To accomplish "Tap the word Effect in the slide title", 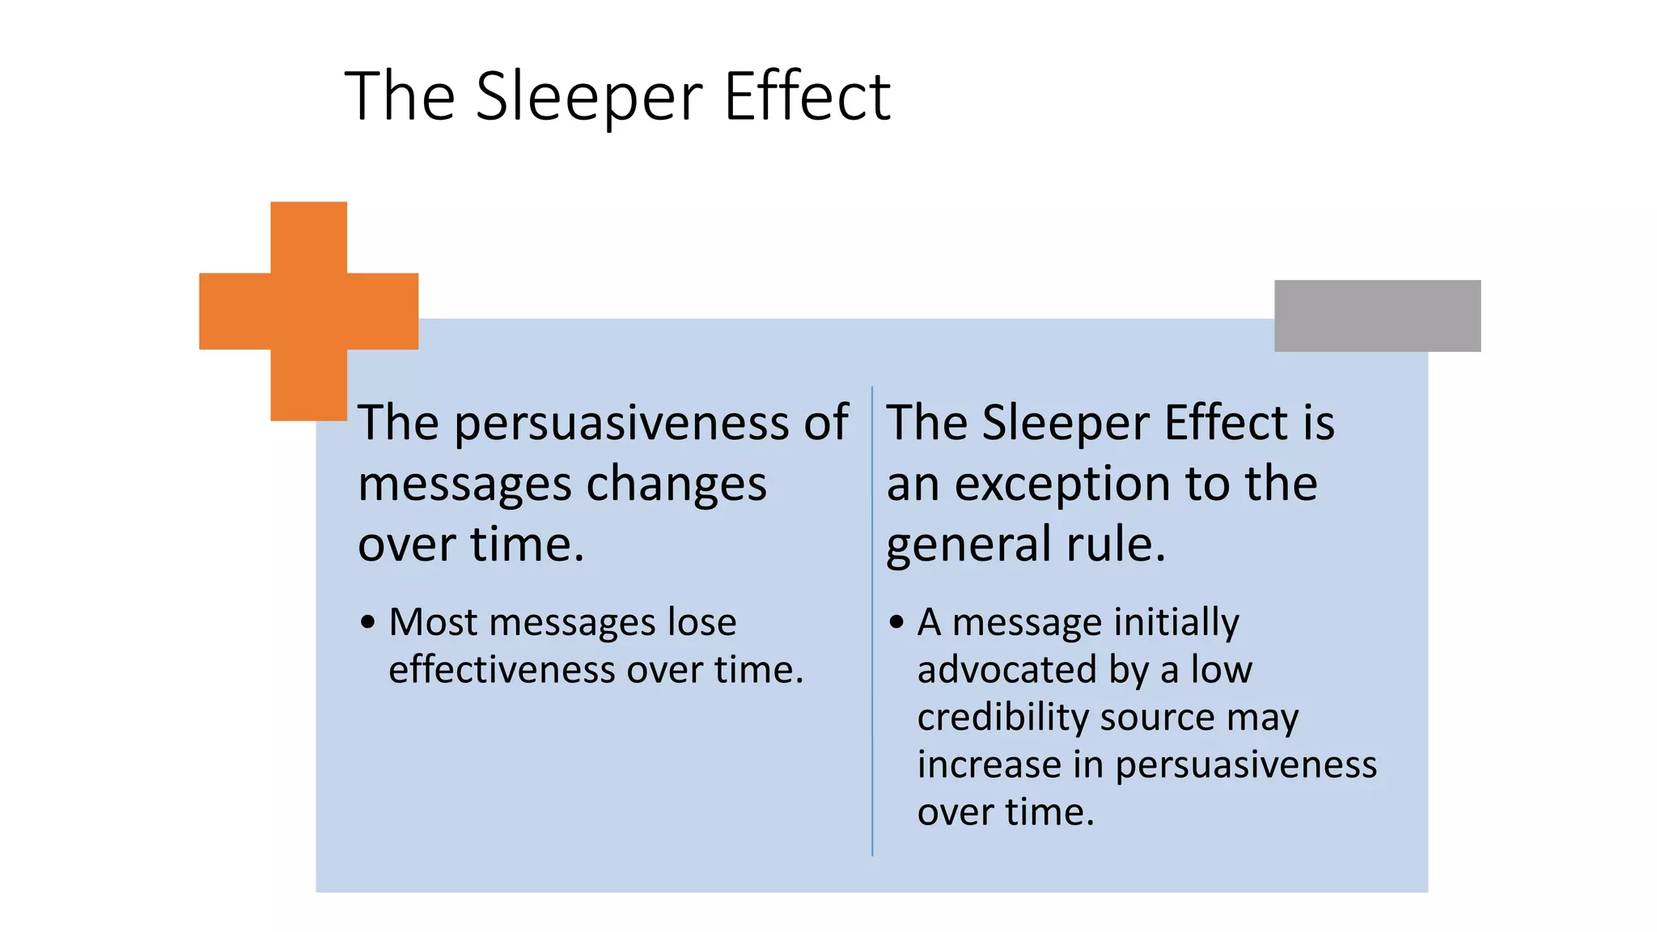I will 807,97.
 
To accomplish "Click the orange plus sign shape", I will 308,311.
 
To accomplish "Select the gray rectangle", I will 1377,316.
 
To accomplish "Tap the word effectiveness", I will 502,670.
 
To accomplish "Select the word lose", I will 701,622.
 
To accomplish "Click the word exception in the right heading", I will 1062,485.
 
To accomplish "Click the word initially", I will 1176,623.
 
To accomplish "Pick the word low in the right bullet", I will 1222,670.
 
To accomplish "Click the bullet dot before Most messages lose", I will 368,622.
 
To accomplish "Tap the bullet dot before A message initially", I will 896,622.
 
